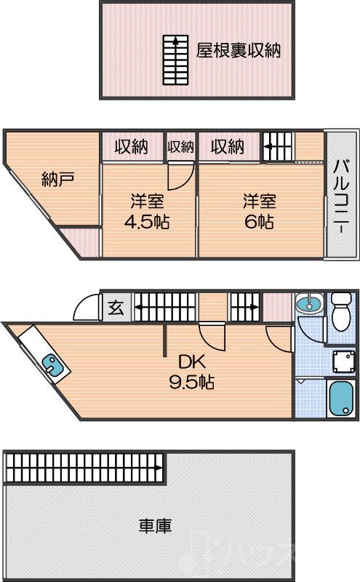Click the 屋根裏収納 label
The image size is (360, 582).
[x=239, y=50]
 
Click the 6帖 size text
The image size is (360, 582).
[x=259, y=222]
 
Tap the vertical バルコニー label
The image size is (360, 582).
[x=340, y=196]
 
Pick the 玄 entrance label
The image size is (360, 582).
[x=116, y=308]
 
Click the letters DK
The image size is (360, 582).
[x=192, y=362]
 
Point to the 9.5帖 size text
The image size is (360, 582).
[x=192, y=381]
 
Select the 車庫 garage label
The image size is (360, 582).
[x=155, y=525]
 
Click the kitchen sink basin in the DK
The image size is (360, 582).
[x=52, y=364]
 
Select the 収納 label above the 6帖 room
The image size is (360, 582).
[x=228, y=146]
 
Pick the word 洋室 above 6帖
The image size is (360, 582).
[x=259, y=200]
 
